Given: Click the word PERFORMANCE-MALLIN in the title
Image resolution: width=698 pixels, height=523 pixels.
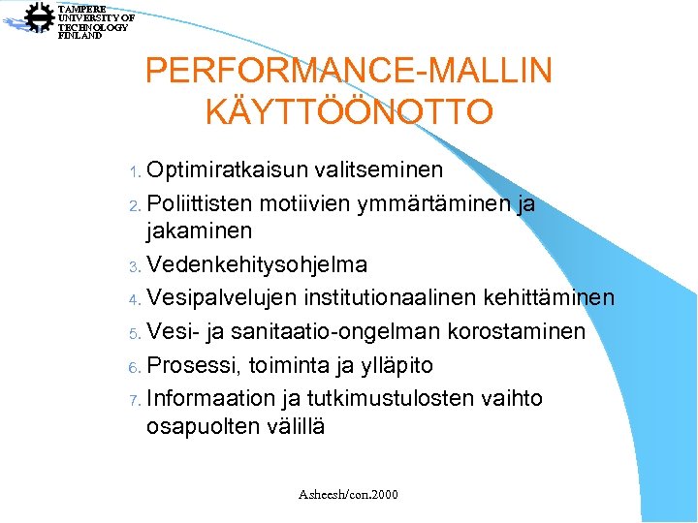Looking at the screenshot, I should click(349, 71).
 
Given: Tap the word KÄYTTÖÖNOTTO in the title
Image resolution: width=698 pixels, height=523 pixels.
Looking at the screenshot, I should click(349, 111).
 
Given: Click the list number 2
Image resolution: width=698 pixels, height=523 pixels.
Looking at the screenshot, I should click(134, 206).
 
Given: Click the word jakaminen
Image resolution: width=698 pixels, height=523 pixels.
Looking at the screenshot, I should click(199, 231).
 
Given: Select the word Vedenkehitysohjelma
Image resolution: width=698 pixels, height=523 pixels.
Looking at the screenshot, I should click(257, 264).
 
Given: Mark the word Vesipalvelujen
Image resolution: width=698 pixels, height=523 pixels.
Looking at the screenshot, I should click(226, 297).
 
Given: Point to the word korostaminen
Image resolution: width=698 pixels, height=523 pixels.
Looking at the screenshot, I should click(517, 332).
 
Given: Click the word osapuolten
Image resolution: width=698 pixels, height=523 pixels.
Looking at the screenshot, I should click(201, 426).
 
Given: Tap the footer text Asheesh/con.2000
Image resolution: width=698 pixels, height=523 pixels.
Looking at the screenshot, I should click(349, 495).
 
